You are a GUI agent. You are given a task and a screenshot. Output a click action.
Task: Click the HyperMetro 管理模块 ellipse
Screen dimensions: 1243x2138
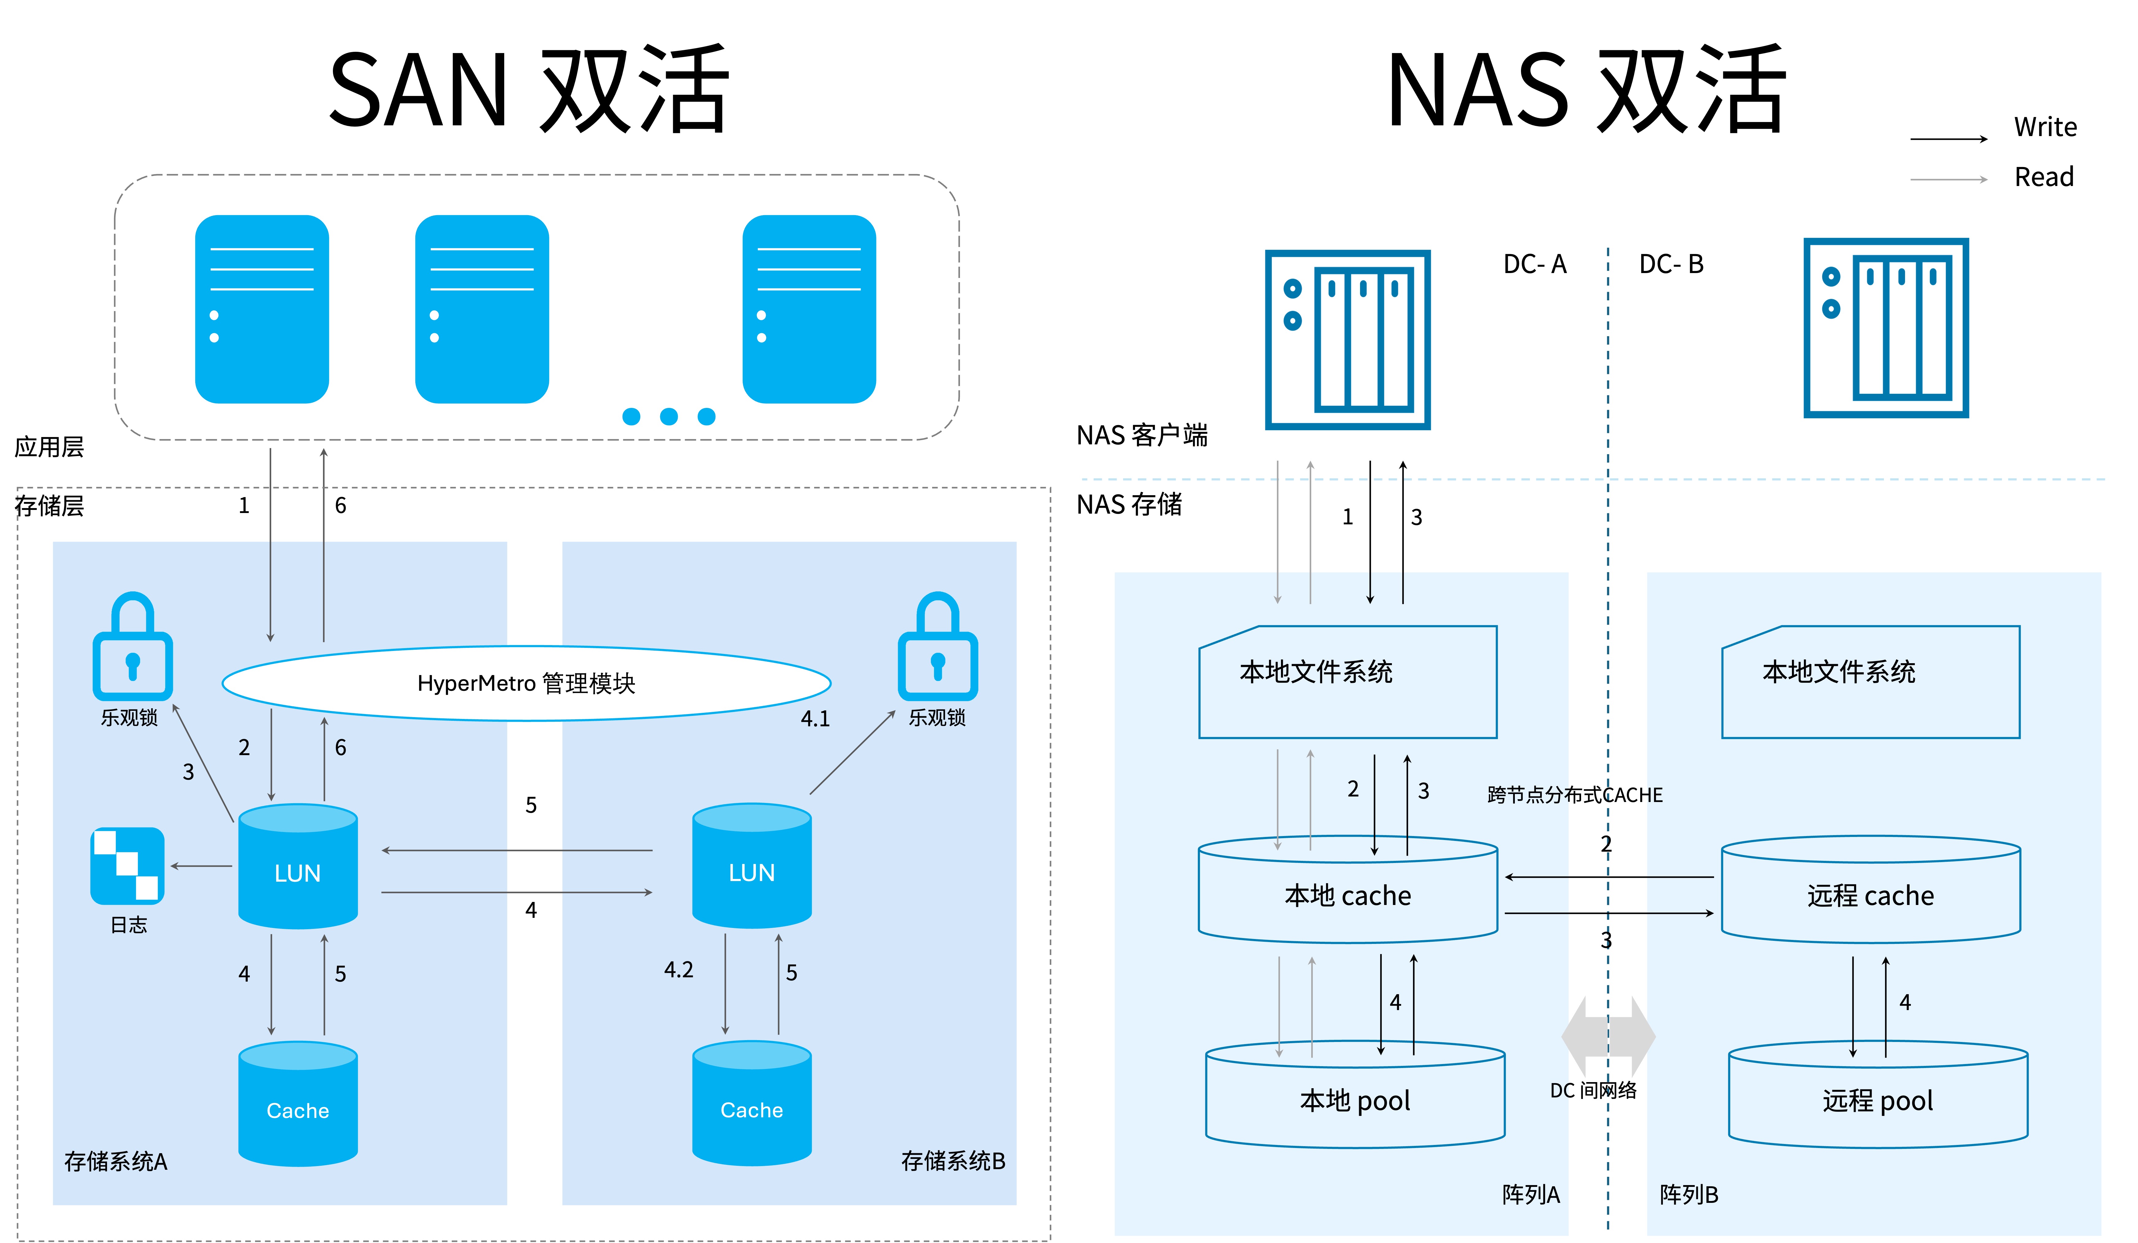[x=526, y=683]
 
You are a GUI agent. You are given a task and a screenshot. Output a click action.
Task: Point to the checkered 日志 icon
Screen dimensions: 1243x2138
[x=127, y=865]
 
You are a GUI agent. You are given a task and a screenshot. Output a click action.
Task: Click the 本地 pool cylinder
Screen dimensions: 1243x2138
[x=1355, y=1096]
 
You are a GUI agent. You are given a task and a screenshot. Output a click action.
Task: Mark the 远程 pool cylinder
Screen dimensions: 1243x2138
[x=1877, y=1096]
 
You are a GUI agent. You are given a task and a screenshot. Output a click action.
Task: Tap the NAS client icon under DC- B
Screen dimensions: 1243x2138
[x=1885, y=328]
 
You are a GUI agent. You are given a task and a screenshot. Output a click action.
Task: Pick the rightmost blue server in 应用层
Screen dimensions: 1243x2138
[x=809, y=309]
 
